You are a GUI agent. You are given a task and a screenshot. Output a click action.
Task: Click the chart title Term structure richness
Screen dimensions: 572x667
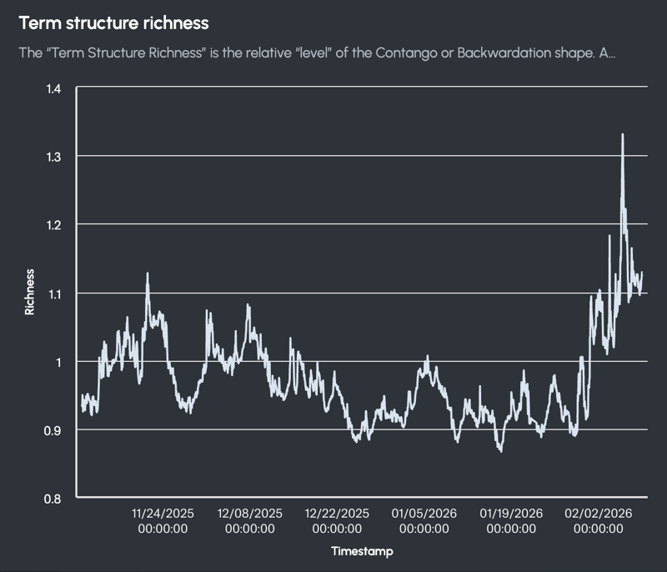click(113, 23)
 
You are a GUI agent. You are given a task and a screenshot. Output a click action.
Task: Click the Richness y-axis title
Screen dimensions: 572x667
click(30, 292)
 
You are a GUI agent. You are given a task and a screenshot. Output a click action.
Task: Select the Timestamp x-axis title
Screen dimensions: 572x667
click(362, 551)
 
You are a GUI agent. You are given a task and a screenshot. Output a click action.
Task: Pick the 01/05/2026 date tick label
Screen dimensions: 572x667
click(424, 514)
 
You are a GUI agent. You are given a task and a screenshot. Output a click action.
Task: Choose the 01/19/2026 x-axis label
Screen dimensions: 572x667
click(510, 514)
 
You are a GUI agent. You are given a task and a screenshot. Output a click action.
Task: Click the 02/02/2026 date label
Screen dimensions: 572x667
click(599, 514)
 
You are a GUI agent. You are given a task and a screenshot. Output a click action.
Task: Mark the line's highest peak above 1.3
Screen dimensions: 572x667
click(622, 134)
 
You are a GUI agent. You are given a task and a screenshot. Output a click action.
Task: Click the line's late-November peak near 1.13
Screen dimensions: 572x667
click(148, 273)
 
